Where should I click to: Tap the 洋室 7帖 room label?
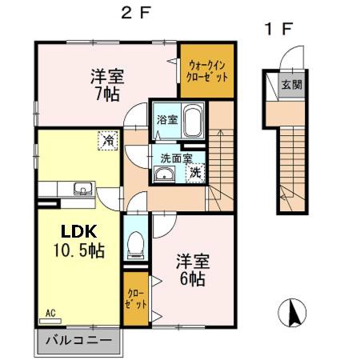coord(105,83)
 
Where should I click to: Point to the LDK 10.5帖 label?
coord(79,239)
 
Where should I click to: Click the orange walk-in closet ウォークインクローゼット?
coord(204,71)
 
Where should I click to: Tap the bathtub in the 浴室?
coord(192,123)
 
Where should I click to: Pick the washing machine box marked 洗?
coord(194,171)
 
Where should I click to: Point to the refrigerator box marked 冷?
coord(106,141)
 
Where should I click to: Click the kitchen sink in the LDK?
coord(82,190)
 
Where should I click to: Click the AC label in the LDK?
coord(50,313)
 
